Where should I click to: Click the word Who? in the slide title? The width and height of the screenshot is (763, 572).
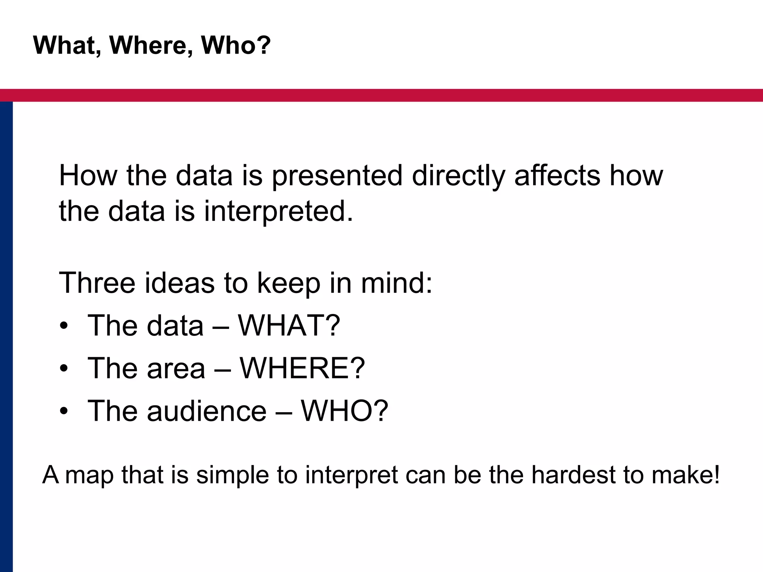click(235, 45)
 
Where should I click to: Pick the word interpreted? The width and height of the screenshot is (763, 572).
click(278, 212)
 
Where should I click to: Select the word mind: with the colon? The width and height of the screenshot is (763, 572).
click(396, 283)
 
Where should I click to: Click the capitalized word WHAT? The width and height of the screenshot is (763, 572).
click(289, 325)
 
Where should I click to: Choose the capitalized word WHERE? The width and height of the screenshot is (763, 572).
click(302, 368)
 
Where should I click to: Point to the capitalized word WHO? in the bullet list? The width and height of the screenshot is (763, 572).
click(344, 411)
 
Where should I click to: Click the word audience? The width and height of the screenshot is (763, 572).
click(207, 411)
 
